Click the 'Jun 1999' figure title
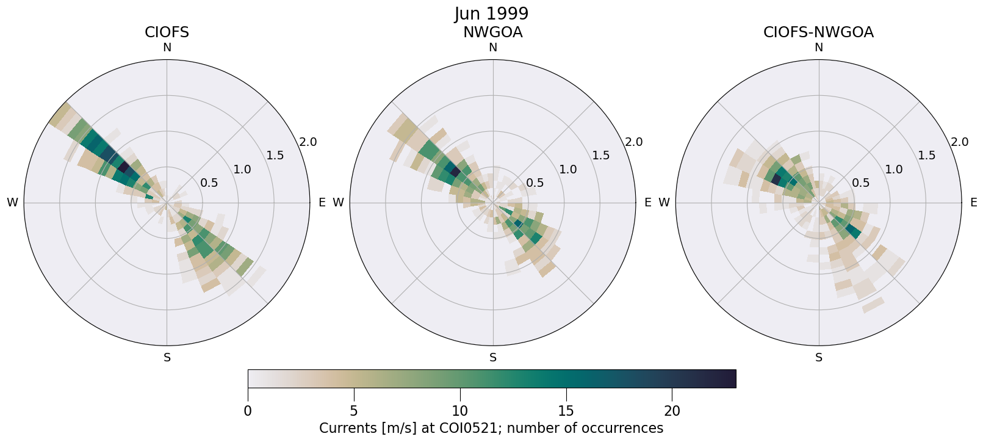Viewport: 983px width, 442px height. [x=491, y=14]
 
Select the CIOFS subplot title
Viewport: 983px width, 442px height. [x=167, y=32]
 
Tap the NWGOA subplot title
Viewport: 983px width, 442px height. [x=492, y=32]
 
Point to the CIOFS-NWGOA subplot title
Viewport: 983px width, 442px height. [x=818, y=32]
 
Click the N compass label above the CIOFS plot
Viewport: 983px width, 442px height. [x=167, y=48]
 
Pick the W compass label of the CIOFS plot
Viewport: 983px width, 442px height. [x=12, y=203]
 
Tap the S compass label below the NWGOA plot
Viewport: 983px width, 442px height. [x=493, y=358]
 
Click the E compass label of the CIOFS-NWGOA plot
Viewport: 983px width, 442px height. [x=973, y=203]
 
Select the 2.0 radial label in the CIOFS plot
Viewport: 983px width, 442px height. [x=308, y=142]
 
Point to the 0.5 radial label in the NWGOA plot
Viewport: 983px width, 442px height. [x=535, y=183]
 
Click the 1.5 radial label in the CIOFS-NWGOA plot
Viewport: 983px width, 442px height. [x=927, y=156]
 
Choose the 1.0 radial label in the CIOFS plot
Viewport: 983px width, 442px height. [x=242, y=170]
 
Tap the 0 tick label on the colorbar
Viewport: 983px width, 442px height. [x=248, y=411]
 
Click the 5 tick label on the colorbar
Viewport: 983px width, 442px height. [x=354, y=411]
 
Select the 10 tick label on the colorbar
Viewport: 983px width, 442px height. [x=460, y=411]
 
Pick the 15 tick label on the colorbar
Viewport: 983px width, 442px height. [x=566, y=411]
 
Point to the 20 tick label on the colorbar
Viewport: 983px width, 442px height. [x=672, y=411]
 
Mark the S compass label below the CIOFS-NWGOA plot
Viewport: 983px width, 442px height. [x=819, y=358]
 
